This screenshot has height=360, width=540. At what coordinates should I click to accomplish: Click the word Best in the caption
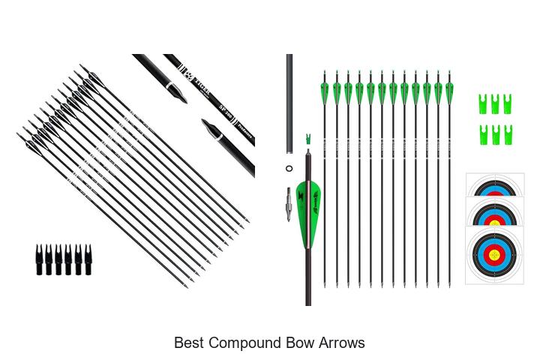click(x=189, y=343)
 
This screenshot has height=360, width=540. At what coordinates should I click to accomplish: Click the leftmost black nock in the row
click(x=40, y=258)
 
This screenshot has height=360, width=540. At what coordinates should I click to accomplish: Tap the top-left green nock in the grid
click(x=484, y=103)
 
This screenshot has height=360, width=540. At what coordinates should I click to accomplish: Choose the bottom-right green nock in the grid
click(x=508, y=134)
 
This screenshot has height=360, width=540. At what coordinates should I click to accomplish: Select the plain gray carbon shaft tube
click(x=289, y=105)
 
